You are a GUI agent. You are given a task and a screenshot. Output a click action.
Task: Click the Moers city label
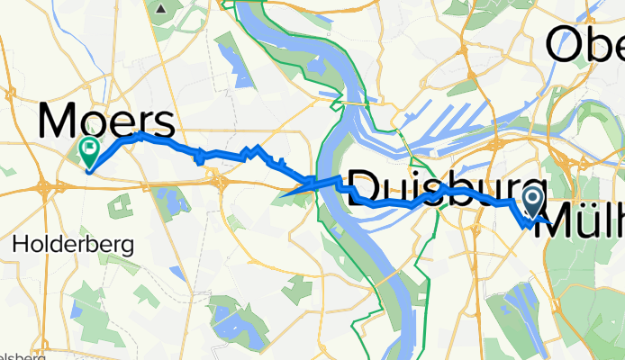[x=105, y=121]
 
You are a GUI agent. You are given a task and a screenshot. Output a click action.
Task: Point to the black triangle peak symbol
[x=161, y=8]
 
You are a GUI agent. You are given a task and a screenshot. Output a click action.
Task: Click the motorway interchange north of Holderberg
[x=45, y=187]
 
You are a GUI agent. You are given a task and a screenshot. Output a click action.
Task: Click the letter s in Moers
[x=161, y=122]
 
